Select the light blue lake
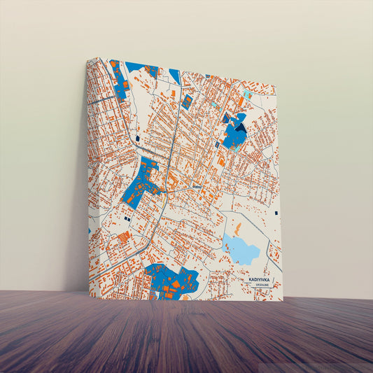[x=241, y=251]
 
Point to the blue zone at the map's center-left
[x=141, y=183]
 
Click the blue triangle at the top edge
[x=175, y=76]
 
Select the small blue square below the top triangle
[x=187, y=101]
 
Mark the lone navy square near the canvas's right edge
[x=277, y=213]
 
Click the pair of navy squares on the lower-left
[x=127, y=219]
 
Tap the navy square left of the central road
[x=138, y=139]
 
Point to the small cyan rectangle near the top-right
[x=246, y=94]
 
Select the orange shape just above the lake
[x=237, y=229]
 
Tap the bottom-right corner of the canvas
[x=283, y=300]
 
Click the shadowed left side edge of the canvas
[x=87, y=175]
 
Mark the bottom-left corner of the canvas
[x=90, y=295]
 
